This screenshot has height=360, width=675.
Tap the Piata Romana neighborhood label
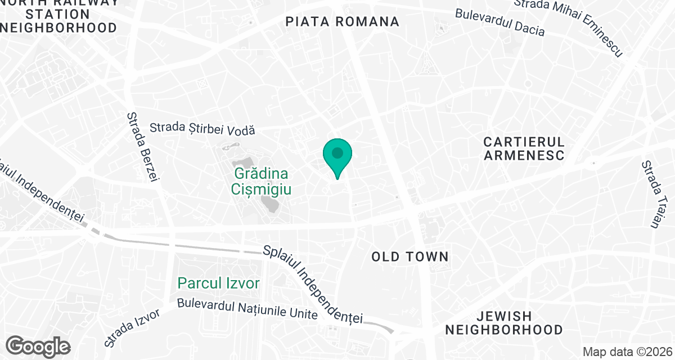(x=342, y=22)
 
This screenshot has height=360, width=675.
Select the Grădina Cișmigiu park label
(x=261, y=181)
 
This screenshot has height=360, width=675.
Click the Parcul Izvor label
(x=219, y=282)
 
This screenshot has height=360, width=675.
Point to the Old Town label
(x=410, y=257)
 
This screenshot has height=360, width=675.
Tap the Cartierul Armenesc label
(x=524, y=148)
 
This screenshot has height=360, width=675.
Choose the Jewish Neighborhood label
(x=503, y=323)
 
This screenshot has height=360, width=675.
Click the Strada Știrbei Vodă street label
(x=202, y=129)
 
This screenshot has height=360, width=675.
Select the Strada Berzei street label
(x=141, y=146)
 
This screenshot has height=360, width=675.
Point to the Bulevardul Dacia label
(x=499, y=22)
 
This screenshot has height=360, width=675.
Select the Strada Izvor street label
(x=133, y=327)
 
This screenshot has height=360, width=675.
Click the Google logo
(x=38, y=346)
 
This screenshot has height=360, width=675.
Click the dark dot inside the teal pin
(x=337, y=153)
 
